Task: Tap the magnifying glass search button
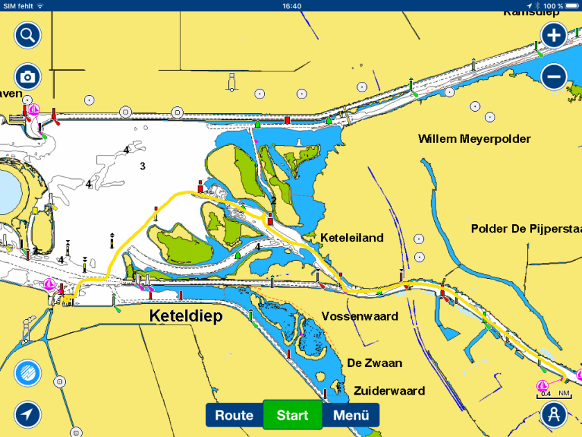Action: click(x=28, y=35)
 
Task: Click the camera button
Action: click(x=28, y=76)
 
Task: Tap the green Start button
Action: click(x=292, y=415)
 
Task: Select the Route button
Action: click(x=234, y=415)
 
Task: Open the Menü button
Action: click(x=350, y=415)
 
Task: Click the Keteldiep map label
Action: click(x=185, y=316)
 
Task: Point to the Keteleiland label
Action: click(x=352, y=238)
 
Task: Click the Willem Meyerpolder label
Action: click(x=474, y=139)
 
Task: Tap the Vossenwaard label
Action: click(x=359, y=316)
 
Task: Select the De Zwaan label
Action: click(x=375, y=363)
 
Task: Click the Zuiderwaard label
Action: click(x=388, y=391)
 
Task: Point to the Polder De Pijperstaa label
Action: click(x=525, y=228)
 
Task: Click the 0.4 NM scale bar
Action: click(x=554, y=395)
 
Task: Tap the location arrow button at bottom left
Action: click(x=28, y=415)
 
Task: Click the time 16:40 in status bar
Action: click(x=292, y=6)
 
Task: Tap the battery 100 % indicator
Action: click(x=558, y=6)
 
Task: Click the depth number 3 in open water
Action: click(x=142, y=166)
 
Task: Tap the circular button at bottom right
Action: click(x=554, y=415)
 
